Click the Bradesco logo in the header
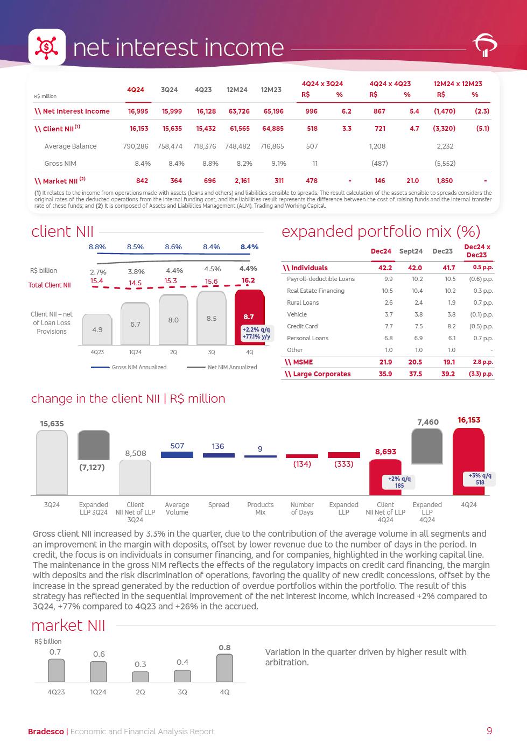484,46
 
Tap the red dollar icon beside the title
47,47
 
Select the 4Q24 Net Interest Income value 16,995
138,111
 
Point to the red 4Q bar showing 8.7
249,317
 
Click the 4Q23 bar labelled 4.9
97,329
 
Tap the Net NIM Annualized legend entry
232,367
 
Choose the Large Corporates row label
318,374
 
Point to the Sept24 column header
411,251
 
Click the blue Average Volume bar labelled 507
177,455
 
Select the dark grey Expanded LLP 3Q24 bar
94,445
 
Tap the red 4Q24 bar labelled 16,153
468,461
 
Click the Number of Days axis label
302,509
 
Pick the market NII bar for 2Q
140,677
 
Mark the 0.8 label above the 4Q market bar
224,648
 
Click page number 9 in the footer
489,731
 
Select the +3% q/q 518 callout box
480,479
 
